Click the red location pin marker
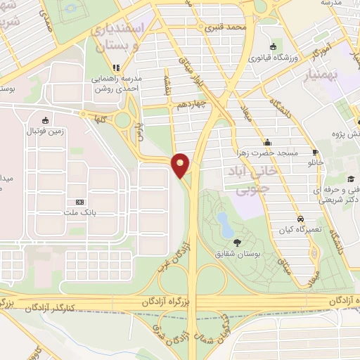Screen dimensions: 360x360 coord(180,165)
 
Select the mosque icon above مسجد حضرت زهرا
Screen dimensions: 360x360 coord(268,141)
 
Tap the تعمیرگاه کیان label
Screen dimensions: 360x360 coord(299,229)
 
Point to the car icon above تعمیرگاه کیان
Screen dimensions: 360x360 coord(300,219)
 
